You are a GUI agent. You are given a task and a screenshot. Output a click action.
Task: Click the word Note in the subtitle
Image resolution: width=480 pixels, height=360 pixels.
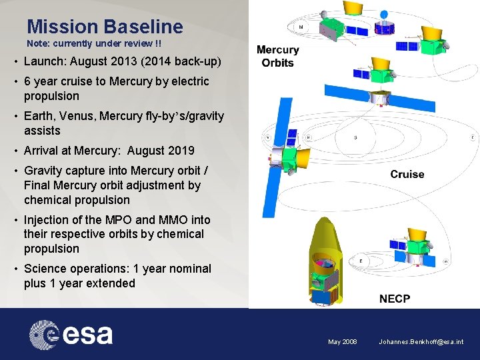pos(38,43)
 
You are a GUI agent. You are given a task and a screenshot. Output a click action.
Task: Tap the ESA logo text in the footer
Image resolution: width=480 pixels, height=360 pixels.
pos(87,334)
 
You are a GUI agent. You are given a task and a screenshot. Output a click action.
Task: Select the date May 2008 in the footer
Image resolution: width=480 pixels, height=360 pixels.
pos(342,342)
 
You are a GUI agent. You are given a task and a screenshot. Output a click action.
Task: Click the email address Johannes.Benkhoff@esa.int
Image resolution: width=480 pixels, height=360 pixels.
pos(421,342)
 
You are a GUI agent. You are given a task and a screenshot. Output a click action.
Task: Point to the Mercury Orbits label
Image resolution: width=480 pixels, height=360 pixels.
pos(277,56)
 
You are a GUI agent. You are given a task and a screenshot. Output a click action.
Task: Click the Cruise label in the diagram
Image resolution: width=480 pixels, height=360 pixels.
pos(407,174)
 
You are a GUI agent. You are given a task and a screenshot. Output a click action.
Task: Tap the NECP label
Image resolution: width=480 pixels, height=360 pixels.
pos(395,299)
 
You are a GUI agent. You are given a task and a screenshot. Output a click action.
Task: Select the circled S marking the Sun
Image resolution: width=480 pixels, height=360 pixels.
pos(355,138)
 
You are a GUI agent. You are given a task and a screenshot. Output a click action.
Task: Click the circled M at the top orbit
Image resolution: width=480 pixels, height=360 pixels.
pos(301,27)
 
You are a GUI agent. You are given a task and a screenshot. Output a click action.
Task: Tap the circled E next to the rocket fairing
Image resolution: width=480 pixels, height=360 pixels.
pos(361,260)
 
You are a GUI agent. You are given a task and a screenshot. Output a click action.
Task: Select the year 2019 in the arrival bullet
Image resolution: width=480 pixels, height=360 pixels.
pos(180,151)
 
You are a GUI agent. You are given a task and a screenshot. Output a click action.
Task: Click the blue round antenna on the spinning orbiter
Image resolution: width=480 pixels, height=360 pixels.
pos(384,14)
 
